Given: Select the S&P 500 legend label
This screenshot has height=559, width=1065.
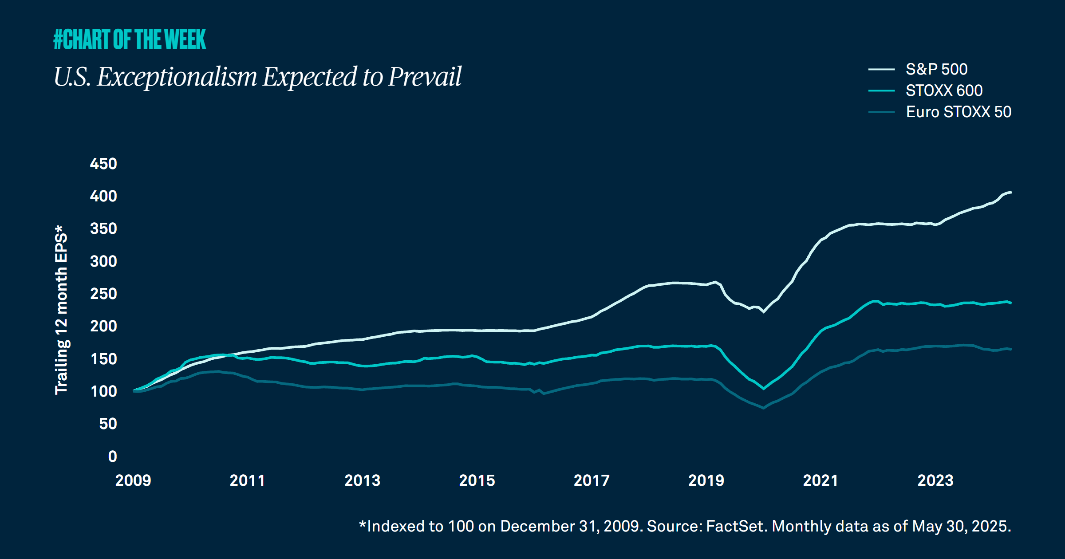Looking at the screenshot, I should tap(936, 69).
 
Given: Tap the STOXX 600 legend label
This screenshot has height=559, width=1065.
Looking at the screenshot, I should tap(944, 91).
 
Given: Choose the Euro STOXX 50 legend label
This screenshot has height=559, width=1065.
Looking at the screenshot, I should tap(958, 112).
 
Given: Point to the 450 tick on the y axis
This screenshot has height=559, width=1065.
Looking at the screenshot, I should tap(103, 164).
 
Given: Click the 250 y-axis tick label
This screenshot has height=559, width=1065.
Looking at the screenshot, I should tap(103, 294).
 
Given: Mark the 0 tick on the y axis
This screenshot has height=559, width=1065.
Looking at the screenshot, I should tap(112, 457).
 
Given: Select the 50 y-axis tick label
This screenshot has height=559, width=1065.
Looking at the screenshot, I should tap(108, 424).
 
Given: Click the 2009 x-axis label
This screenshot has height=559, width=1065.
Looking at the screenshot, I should tap(133, 480).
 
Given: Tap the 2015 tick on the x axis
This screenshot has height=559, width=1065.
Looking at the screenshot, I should tap(477, 480).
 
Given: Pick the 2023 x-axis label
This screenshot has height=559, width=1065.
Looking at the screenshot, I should tap(935, 480).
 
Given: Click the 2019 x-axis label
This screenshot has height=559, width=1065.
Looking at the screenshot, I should tap(706, 480).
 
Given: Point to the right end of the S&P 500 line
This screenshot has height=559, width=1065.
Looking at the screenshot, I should tap(1010, 192).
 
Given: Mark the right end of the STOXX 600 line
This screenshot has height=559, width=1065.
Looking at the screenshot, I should tap(1010, 303).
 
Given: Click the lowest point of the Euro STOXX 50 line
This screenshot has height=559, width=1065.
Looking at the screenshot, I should tap(763, 408).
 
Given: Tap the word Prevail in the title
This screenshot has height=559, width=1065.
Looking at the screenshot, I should tap(425, 77).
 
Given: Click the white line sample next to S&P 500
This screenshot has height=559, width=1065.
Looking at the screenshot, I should tap(881, 69).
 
